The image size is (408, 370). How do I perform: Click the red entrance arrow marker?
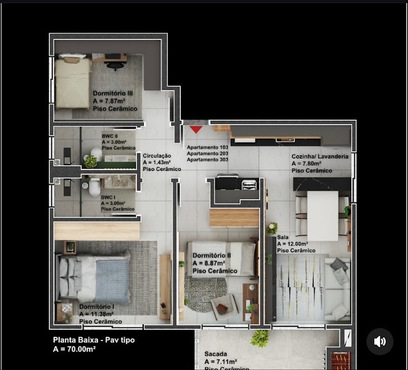tap(196, 129)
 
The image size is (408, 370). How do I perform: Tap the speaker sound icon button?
tap(380, 341)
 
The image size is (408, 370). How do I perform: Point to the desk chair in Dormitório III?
tap(114, 65)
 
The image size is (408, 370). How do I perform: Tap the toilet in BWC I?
tap(94, 187)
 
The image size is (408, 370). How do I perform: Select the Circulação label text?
tap(157, 157)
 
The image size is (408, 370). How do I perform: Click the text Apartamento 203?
tap(207, 154)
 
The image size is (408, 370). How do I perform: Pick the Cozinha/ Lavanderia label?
tap(320, 157)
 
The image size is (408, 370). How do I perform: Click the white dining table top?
tap(322, 215)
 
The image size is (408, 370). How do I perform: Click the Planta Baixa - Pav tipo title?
tap(93, 340)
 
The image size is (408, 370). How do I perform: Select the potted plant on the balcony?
tap(260, 337)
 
